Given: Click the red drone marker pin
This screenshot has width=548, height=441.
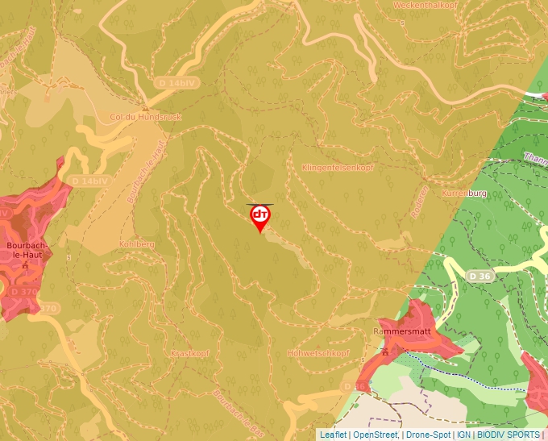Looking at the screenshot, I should coord(260,216).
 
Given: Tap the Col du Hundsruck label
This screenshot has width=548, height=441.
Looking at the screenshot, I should coord(146,117).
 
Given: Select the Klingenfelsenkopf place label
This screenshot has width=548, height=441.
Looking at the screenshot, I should coord(338,168).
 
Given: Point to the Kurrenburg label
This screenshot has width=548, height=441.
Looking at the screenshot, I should coord(465,194).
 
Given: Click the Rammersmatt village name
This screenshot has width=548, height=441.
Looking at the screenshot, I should coord(403,331).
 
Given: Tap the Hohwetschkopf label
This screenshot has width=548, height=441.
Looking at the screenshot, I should coord(318,353).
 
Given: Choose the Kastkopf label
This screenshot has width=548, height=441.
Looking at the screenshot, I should coord(189,353).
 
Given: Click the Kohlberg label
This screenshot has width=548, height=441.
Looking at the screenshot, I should coord(136,243).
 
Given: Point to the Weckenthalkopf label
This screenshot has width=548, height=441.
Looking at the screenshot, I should coord(426,5).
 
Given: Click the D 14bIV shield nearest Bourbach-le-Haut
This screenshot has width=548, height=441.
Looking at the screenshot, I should coord(89,181).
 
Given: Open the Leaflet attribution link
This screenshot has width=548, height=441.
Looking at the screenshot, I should coord(333,435).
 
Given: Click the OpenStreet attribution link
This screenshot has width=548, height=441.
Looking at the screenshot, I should coord(376,435).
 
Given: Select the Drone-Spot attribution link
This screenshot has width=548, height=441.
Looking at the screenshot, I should coord(428,435).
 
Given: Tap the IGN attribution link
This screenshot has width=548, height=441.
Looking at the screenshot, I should coord(463,435).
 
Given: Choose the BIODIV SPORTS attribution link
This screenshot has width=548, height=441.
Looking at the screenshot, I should coord(509,435).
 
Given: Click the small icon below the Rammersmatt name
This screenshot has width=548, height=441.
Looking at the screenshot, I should coord(385,352).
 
